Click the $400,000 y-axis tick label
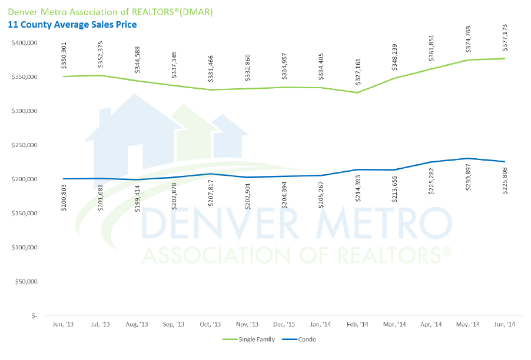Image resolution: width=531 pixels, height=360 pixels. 24,43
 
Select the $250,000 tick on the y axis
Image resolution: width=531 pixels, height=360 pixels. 24,145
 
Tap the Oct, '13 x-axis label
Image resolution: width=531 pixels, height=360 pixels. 210,325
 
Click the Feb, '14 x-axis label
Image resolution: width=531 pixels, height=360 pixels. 357,325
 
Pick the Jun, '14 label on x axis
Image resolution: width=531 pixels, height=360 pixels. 505,325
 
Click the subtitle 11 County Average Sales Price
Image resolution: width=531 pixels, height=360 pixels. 72,25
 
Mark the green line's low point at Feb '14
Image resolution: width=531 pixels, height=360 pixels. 357,92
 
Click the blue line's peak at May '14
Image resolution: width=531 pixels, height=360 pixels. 468,158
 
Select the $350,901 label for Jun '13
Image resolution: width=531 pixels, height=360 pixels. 63,55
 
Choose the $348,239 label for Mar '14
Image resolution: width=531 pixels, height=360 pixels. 394,56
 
